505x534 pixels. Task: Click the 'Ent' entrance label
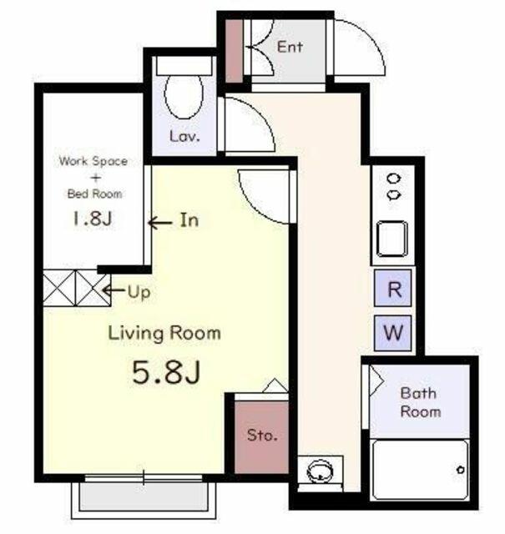(x=290, y=47)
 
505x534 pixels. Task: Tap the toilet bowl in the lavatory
(x=184, y=96)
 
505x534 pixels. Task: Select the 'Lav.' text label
(x=184, y=136)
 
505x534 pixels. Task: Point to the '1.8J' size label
(x=92, y=219)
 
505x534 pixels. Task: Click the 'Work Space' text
(x=93, y=161)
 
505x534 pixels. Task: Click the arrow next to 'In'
(x=160, y=223)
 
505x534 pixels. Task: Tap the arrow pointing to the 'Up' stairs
(x=114, y=290)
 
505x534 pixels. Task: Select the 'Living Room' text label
(x=164, y=333)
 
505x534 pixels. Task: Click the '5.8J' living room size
(x=166, y=373)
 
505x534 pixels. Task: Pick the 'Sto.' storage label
(x=262, y=435)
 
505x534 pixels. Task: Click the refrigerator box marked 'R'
(x=393, y=288)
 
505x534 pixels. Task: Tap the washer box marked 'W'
(x=393, y=333)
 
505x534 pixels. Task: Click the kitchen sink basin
(x=392, y=239)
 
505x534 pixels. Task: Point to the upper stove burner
(x=394, y=179)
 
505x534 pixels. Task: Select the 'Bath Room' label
(x=421, y=402)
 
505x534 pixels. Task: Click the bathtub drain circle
(x=461, y=470)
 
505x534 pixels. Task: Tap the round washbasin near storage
(x=320, y=471)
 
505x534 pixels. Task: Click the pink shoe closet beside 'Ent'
(x=234, y=51)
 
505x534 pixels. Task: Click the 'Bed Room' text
(x=94, y=194)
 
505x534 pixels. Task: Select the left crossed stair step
(x=59, y=288)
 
